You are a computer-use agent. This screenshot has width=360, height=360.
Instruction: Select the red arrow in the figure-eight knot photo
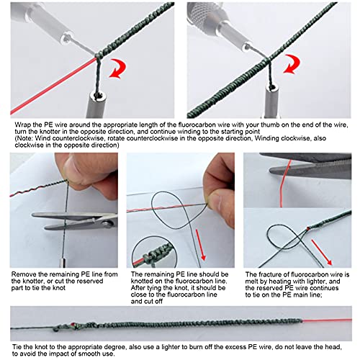tap(322, 252)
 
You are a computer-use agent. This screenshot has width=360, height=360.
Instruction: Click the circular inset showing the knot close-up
tap(154, 253)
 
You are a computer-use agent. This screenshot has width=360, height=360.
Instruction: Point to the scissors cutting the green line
tap(74, 220)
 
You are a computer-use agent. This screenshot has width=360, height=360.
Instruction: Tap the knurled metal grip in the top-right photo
tap(204, 15)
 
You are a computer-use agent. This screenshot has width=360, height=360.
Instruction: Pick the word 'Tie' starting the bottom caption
tap(17, 347)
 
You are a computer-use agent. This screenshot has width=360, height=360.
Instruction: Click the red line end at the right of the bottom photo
tap(351, 320)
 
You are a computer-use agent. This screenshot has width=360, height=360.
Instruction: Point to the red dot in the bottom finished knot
tap(73, 325)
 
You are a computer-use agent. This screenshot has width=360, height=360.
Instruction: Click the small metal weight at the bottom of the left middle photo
tap(63, 263)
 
